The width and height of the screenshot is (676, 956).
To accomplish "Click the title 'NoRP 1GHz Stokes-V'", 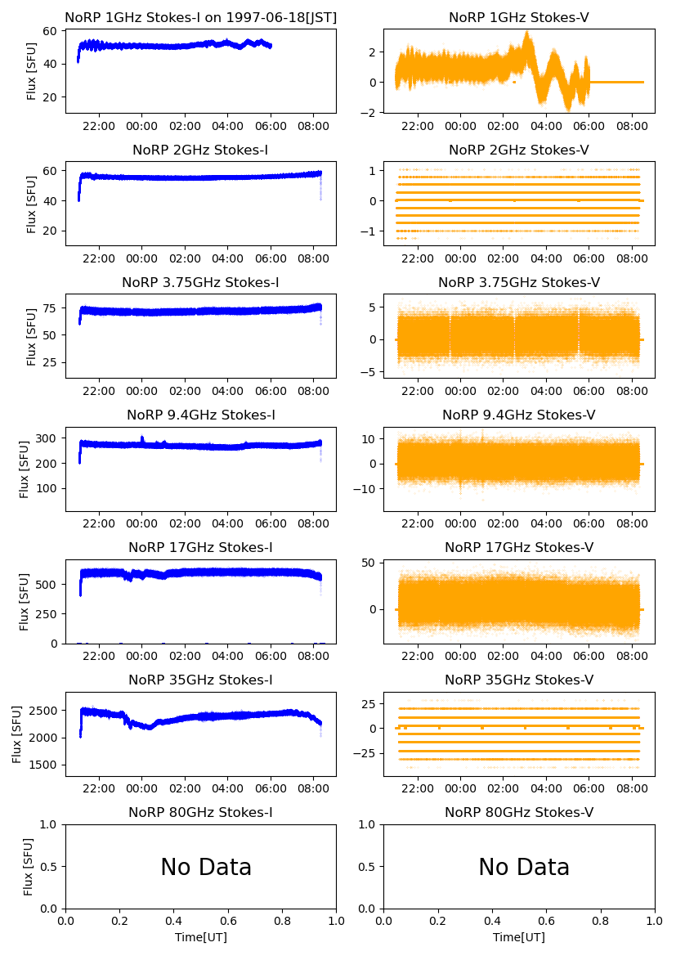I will coord(519,17).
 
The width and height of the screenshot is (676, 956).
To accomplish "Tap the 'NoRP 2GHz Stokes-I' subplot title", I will coord(200,150).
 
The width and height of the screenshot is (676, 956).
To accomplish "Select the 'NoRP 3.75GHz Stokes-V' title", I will coord(519,282).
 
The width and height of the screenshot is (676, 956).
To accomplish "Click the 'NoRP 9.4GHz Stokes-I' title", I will coord(200,415).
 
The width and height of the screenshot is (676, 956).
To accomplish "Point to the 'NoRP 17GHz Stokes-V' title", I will coord(519,547).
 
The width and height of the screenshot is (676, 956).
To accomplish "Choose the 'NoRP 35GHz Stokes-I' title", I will coord(200,680).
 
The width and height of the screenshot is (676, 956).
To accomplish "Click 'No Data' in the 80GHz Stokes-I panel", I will coord(206,867).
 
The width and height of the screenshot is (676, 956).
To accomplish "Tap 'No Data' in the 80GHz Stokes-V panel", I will coord(524,867).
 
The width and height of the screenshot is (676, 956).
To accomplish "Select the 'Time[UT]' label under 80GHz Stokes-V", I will coord(519,937).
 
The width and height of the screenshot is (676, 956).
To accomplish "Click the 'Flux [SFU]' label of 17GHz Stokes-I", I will coord(25,602).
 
